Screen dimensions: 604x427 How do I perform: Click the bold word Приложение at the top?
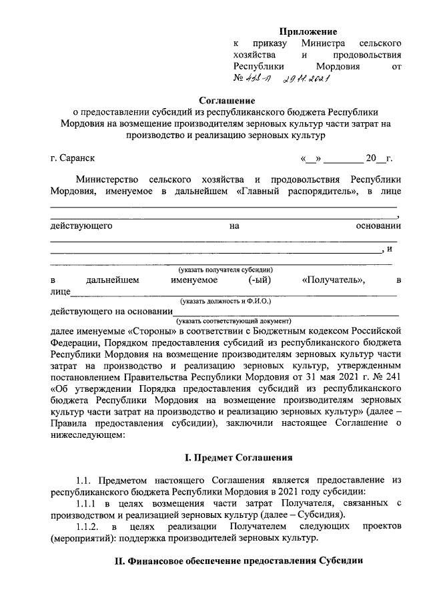click(x=308, y=31)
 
